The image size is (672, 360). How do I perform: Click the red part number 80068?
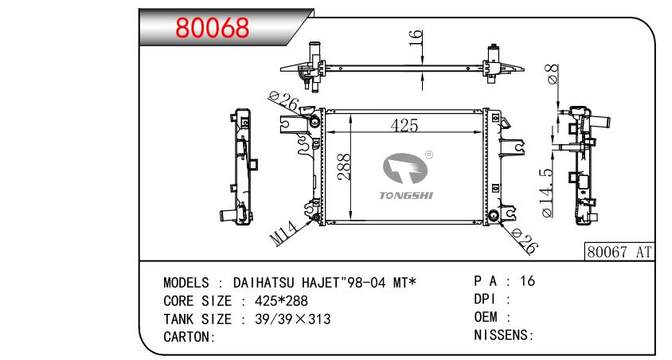(212, 28)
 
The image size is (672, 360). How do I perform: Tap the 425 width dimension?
(404, 126)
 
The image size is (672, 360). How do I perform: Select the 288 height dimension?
(344, 166)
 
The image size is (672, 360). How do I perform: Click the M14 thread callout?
(283, 233)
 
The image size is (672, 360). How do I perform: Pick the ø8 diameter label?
(552, 74)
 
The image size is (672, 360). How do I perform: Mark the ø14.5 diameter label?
(548, 193)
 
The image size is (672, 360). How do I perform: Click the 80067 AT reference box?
(619, 252)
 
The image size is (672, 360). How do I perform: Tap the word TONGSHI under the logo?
(406, 195)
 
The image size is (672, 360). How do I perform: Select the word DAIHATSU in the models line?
(264, 283)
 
